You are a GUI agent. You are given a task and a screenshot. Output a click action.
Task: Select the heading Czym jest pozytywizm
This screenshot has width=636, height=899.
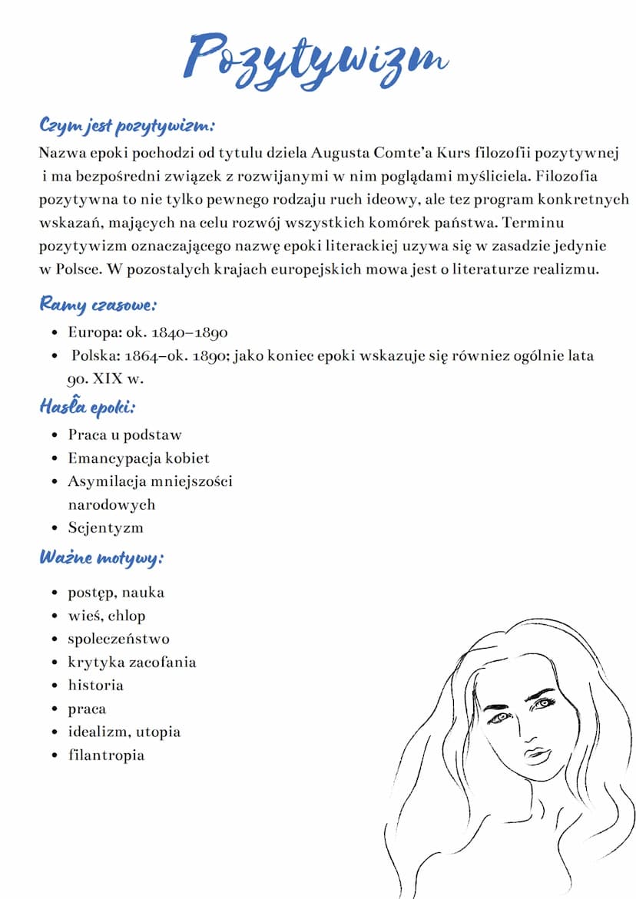[x=127, y=124]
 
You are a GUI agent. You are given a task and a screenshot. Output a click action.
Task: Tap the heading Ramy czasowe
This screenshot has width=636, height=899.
[x=98, y=305]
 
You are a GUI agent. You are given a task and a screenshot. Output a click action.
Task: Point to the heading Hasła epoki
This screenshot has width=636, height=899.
[x=87, y=406]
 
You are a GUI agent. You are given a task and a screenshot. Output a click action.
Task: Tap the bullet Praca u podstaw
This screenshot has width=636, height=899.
[x=124, y=435]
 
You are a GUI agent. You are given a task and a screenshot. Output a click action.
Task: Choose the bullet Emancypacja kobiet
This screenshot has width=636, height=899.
[x=138, y=458]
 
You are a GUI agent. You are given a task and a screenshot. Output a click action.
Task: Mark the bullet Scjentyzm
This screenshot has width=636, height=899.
[x=105, y=527]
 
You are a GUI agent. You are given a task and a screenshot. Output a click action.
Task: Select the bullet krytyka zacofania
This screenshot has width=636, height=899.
[x=131, y=662]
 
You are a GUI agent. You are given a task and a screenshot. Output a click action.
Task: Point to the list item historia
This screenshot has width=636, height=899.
[x=95, y=685]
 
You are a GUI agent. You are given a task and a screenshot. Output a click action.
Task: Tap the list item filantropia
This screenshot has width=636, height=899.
[x=106, y=755]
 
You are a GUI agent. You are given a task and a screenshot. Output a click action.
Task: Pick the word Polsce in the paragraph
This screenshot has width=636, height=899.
[x=79, y=269]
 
